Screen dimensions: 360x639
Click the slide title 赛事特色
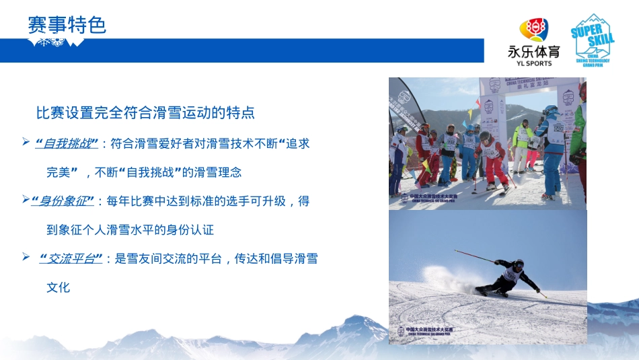pyautogui.click(x=67, y=25)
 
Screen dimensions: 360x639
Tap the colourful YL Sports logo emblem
pyautogui.click(x=533, y=30)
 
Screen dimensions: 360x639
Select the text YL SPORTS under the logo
pyautogui.click(x=533, y=64)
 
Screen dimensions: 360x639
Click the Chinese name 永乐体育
pyautogui.click(x=533, y=52)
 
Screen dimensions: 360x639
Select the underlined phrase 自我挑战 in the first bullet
pyautogui.click(x=69, y=143)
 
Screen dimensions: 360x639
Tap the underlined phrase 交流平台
pyautogui.click(x=71, y=258)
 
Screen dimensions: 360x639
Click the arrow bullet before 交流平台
pyautogui.click(x=25, y=257)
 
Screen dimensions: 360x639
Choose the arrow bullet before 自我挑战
pyautogui.click(x=25, y=142)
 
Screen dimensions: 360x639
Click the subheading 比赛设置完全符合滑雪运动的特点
pyautogui.click(x=145, y=112)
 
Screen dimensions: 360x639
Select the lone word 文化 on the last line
pyautogui.click(x=58, y=287)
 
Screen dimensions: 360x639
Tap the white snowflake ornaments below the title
pyautogui.click(x=55, y=43)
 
